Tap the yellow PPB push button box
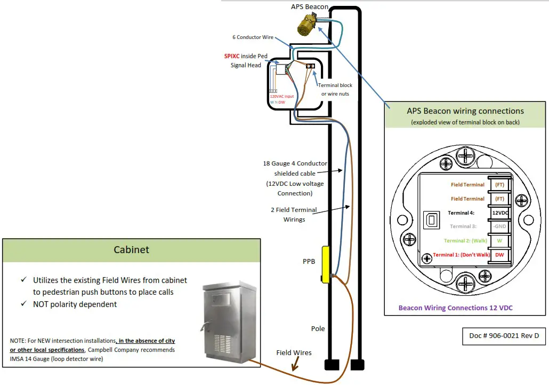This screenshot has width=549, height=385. click(x=325, y=264)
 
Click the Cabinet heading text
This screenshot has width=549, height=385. click(x=131, y=250)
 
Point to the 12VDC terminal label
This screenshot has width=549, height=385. click(x=499, y=213)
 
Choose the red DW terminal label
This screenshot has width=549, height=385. click(x=499, y=255)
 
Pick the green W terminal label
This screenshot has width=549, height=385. click(x=499, y=240)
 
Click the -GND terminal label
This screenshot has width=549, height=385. click(x=499, y=226)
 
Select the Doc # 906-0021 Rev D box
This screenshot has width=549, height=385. click(x=504, y=336)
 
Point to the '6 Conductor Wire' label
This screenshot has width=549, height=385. click(x=253, y=37)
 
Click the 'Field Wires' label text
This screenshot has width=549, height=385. click(x=294, y=352)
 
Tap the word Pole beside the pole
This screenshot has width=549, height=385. click(x=318, y=328)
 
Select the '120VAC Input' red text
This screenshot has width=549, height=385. click(x=281, y=97)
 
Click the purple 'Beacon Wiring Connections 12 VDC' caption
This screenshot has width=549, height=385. click(x=455, y=308)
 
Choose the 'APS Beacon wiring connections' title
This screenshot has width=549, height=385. click(x=458, y=111)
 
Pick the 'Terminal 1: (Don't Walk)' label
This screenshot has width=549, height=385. click(x=461, y=255)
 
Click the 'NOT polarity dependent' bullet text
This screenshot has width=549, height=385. click(x=75, y=304)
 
